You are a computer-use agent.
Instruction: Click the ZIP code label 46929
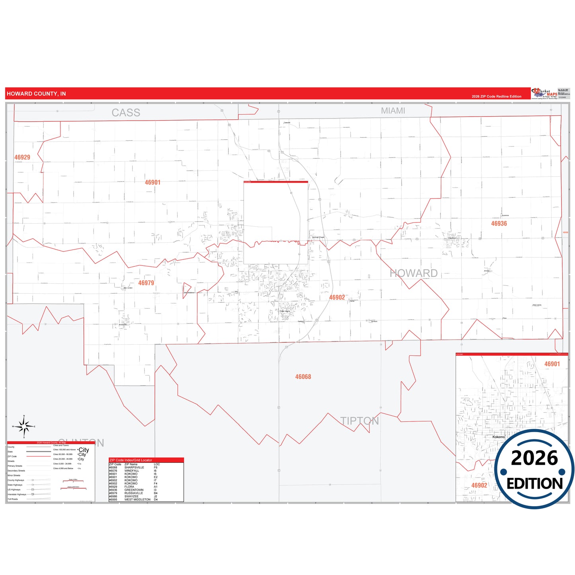22,157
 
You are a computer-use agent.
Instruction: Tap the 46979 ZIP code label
146,283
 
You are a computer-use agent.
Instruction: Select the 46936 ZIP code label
499,224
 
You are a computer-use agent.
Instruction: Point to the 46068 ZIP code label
303,377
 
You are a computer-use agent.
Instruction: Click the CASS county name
126,113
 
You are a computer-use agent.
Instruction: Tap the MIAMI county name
393,111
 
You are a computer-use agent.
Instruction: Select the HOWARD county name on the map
413,273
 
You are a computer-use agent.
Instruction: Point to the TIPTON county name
359,421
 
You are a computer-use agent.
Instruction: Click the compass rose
24,427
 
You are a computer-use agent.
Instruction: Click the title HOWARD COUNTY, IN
36,94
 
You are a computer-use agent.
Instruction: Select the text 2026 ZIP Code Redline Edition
496,97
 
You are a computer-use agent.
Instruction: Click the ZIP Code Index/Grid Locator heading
131,460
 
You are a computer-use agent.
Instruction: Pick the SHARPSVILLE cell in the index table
134,468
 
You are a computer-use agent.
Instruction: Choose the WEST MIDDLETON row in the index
137,499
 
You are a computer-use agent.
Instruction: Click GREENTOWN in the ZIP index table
134,490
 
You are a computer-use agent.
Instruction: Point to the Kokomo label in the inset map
498,437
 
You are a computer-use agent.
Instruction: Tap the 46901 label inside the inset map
552,364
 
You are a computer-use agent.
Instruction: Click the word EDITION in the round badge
534,483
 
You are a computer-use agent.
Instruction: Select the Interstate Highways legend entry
17,494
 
